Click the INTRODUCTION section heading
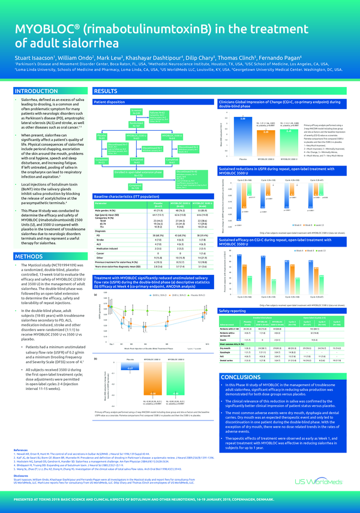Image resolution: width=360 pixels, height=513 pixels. click(x=37, y=91)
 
